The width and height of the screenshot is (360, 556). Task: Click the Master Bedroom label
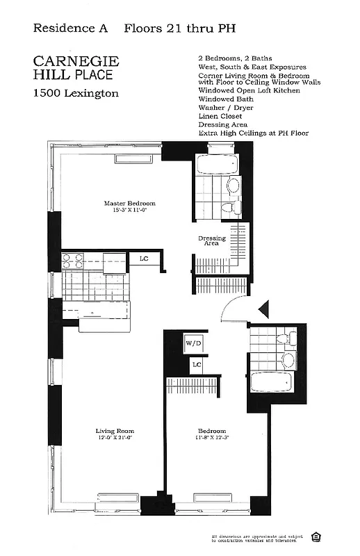pyautogui.click(x=130, y=204)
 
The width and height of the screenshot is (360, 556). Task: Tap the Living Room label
pyautogui.click(x=115, y=431)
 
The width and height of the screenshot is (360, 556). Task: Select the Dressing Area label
pyautogui.click(x=211, y=240)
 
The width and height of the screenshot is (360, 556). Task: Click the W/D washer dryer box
pyautogui.click(x=193, y=343)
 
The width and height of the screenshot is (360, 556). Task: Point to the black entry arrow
pyautogui.click(x=263, y=308)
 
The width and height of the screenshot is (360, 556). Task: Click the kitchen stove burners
pyautogui.click(x=73, y=261)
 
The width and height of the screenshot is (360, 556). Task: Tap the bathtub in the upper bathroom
pyautogui.click(x=215, y=165)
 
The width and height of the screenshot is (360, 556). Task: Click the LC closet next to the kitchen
pyautogui.click(x=145, y=259)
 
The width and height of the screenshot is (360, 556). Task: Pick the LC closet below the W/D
pyautogui.click(x=197, y=364)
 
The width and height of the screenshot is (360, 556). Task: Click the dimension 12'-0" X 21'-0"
pyautogui.click(x=115, y=439)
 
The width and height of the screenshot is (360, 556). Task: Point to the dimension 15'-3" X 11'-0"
pyautogui.click(x=130, y=211)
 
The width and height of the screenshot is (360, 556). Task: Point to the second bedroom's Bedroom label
pyautogui.click(x=211, y=431)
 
